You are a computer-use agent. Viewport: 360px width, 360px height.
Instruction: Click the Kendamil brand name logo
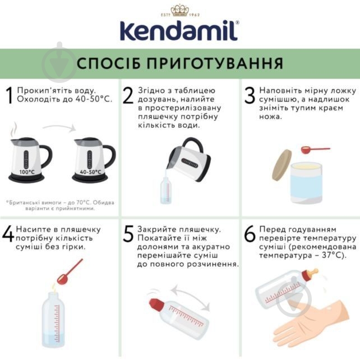point(180,32)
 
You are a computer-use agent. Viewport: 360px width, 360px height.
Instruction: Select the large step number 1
point(8,96)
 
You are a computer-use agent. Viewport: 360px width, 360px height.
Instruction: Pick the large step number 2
point(128,96)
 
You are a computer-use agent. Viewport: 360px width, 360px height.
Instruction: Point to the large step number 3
point(250,96)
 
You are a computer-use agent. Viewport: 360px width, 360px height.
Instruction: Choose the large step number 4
point(8,234)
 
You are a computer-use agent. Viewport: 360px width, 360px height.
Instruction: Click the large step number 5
point(128,234)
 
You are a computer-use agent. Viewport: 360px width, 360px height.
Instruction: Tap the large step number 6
point(250,234)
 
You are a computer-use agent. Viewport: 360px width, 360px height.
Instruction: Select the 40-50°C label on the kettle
point(90,172)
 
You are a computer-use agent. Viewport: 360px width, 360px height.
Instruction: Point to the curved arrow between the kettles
point(58,128)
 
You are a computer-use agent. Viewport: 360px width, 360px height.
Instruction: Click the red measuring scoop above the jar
point(311,150)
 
